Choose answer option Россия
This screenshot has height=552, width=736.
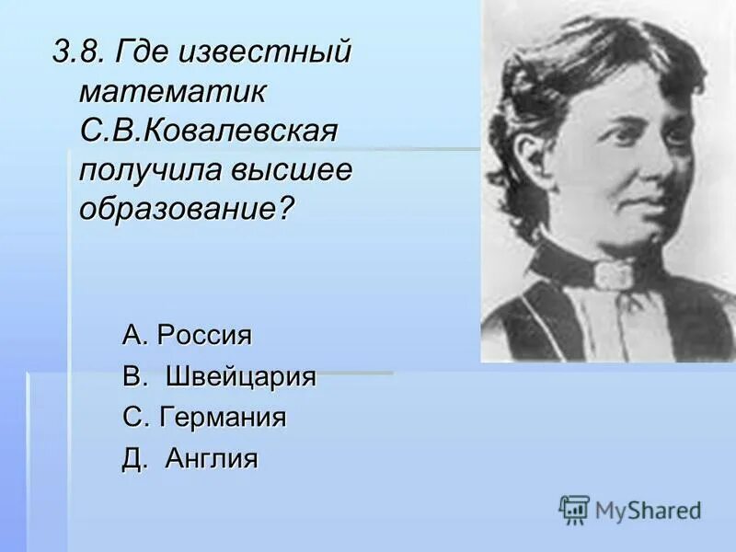pos(203,335)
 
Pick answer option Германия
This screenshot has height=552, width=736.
pos(223,418)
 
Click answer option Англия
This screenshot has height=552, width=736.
pos(212,458)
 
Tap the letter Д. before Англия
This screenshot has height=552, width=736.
pos(134,458)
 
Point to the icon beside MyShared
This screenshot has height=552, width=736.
pos(574,510)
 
